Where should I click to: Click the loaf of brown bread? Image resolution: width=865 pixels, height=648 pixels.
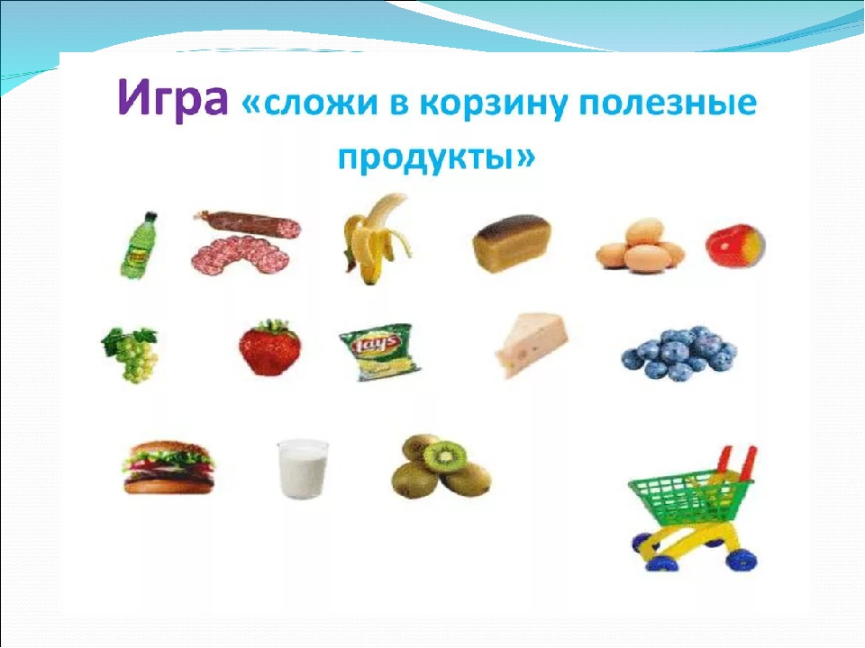tap(512, 243)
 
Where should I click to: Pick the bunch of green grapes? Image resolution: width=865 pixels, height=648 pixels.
tap(132, 355)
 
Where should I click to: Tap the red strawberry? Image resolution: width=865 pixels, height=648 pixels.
tap(269, 347)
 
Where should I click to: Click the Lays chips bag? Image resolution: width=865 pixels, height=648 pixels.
tap(379, 352)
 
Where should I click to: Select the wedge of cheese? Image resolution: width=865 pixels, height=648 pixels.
tap(531, 345)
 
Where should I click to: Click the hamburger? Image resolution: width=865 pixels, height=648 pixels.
tap(168, 467)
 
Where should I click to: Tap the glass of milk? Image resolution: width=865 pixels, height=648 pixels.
tap(303, 469)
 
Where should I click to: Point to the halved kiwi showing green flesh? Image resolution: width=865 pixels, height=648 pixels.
tap(444, 455)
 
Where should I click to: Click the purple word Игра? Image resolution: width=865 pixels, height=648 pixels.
tap(172, 99)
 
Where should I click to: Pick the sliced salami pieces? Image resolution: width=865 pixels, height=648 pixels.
tap(241, 255)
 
